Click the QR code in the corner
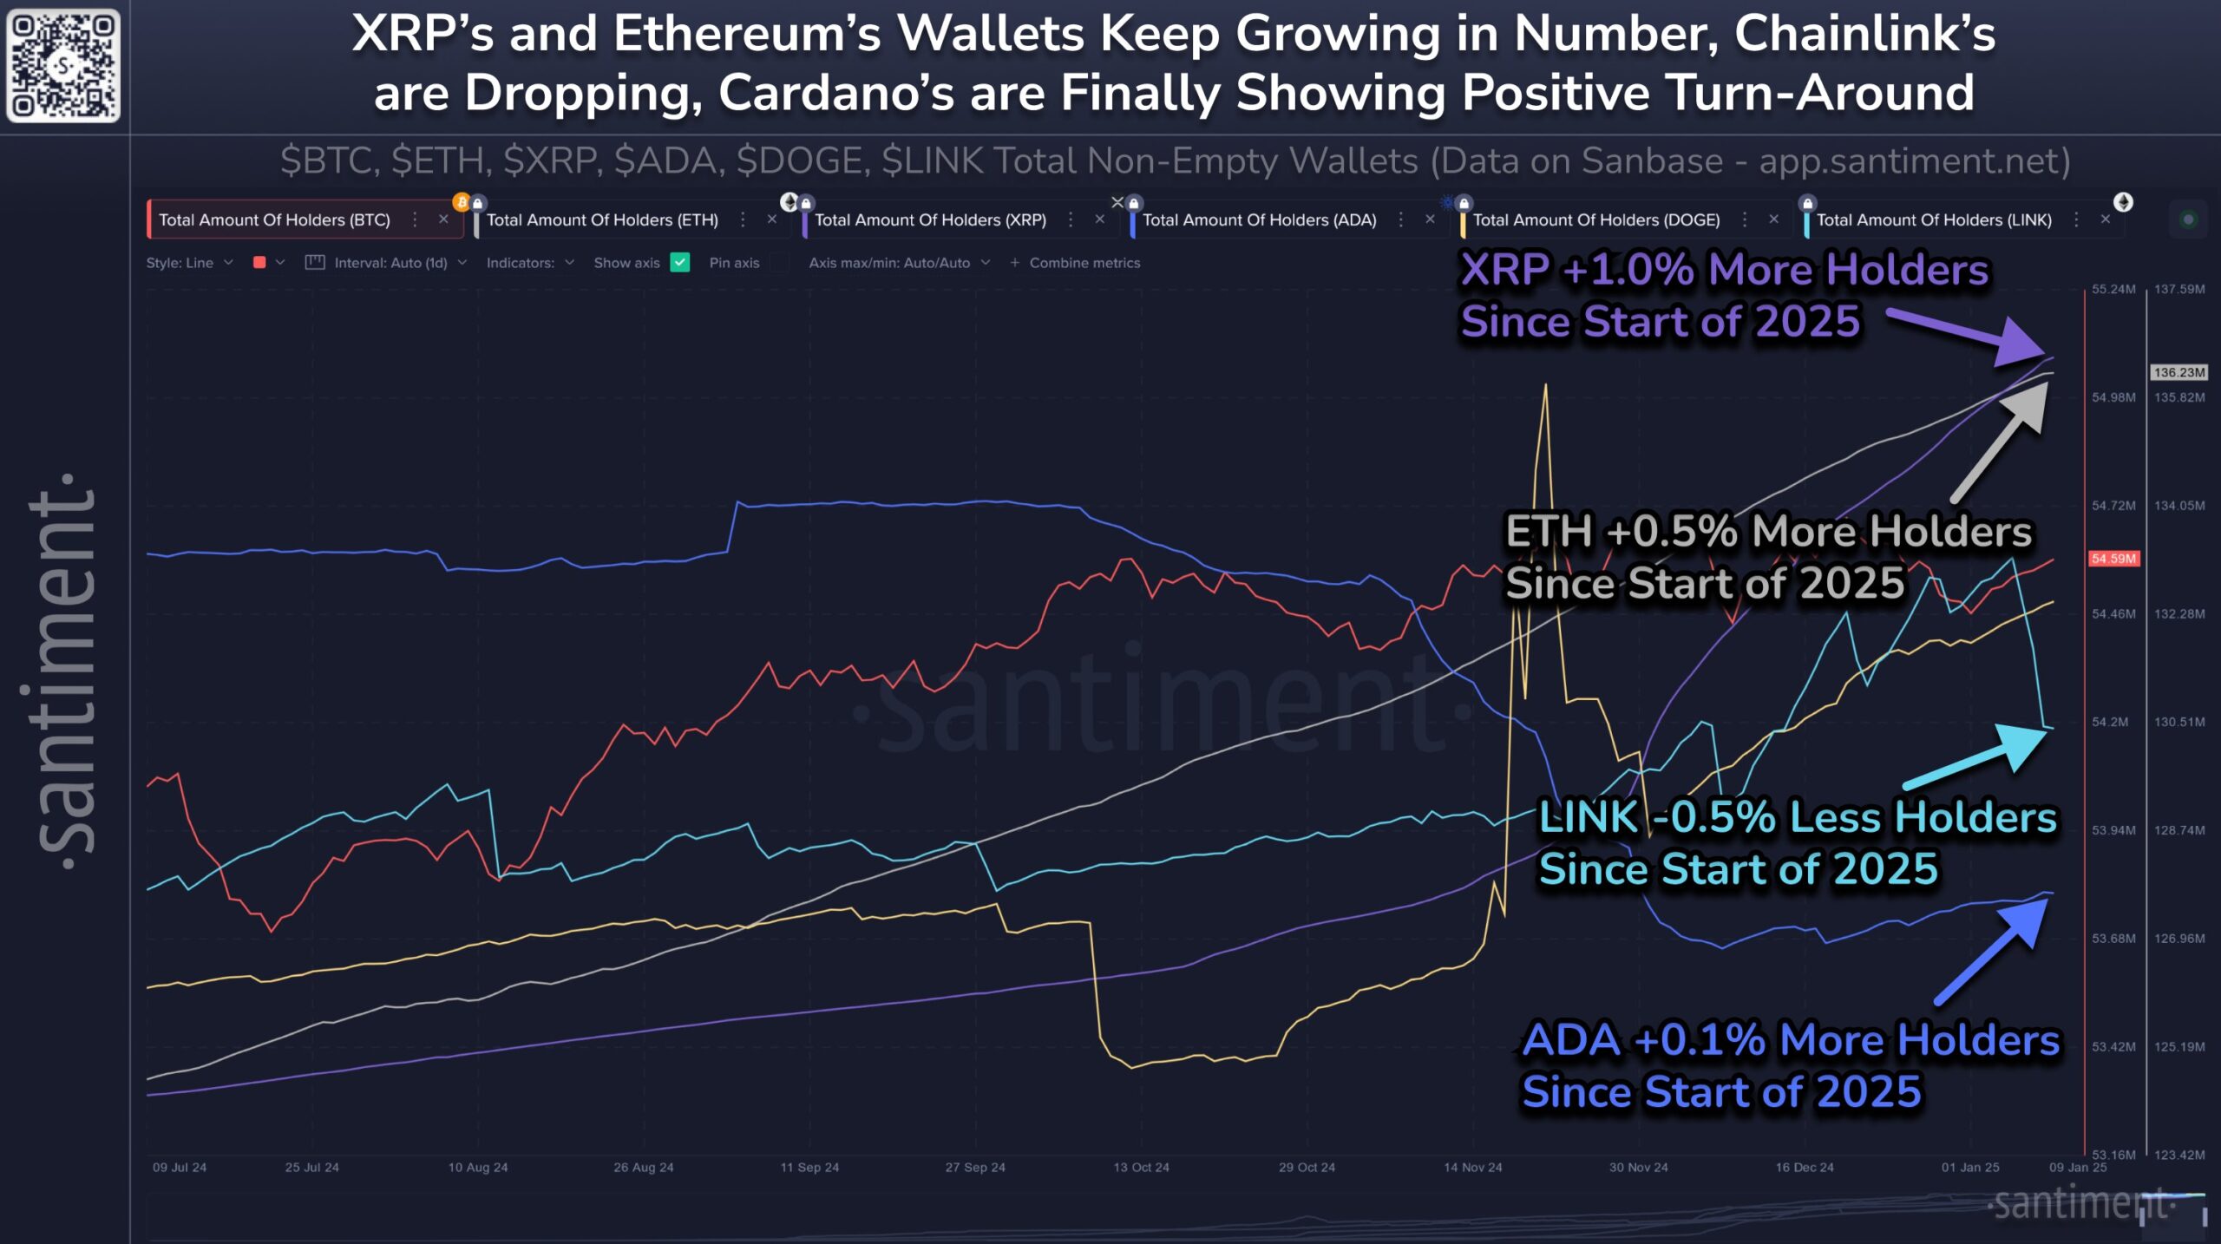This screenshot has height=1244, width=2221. pyautogui.click(x=63, y=65)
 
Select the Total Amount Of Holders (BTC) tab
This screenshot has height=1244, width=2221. pyautogui.click(x=274, y=220)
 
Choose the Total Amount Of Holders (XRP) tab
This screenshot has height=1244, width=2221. pyautogui.click(x=930, y=220)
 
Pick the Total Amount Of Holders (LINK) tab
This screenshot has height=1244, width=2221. pyautogui.click(x=1933, y=220)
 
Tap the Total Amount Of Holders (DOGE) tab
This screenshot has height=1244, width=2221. pyautogui.click(x=1595, y=220)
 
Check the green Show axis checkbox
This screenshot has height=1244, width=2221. pyautogui.click(x=680, y=263)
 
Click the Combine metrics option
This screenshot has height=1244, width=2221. pyautogui.click(x=1084, y=263)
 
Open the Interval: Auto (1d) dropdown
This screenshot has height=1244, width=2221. pyautogui.click(x=390, y=263)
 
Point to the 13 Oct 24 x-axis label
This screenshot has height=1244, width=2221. pyautogui.click(x=1141, y=1168)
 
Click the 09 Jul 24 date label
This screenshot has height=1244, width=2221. pyautogui.click(x=180, y=1168)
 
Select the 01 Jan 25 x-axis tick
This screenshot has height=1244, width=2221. pyautogui.click(x=1969, y=1168)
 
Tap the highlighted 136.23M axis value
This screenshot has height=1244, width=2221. pyautogui.click(x=2178, y=373)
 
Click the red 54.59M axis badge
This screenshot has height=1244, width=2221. pyautogui.click(x=2113, y=559)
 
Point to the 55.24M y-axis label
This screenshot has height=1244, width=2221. pyautogui.click(x=2113, y=290)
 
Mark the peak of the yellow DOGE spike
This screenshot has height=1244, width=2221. pyautogui.click(x=1545, y=387)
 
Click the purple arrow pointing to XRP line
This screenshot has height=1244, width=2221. pyautogui.click(x=1969, y=334)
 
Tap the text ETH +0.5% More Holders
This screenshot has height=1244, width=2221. pyautogui.click(x=1767, y=532)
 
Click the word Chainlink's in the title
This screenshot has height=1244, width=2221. pyautogui.click(x=1864, y=35)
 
